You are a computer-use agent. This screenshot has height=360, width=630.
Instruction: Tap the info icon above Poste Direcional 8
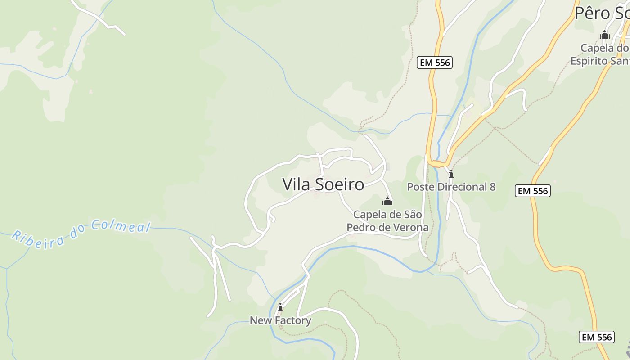click(451, 174)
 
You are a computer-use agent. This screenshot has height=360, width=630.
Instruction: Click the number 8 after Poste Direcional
click(492, 187)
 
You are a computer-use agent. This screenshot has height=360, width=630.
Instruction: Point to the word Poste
click(420, 187)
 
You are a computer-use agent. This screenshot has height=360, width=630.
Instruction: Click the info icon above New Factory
click(280, 307)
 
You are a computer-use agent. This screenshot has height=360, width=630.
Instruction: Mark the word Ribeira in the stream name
click(38, 241)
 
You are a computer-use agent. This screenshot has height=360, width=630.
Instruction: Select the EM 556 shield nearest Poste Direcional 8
click(533, 191)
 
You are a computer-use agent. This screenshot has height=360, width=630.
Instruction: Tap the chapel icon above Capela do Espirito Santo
click(605, 35)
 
